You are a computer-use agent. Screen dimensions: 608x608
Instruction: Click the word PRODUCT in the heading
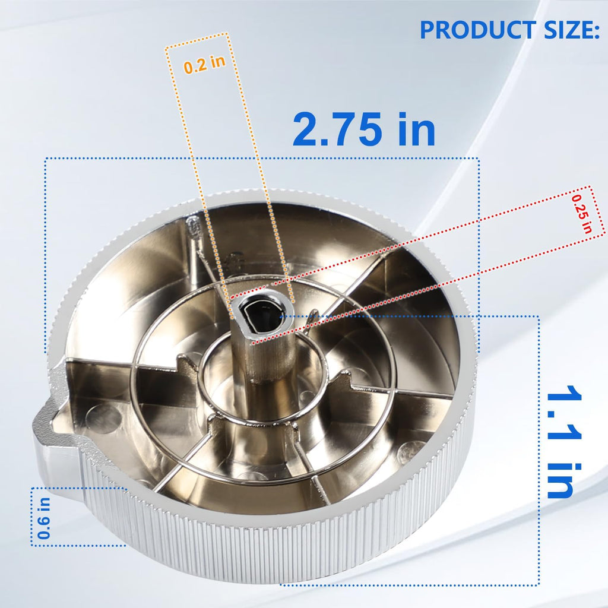(x=478, y=30)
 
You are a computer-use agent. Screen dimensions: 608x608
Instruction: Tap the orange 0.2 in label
(x=204, y=64)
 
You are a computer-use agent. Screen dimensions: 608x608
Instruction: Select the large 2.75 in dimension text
(x=364, y=129)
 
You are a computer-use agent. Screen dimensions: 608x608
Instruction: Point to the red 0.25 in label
(x=582, y=214)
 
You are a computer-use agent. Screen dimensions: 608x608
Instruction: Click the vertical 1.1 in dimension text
(x=564, y=442)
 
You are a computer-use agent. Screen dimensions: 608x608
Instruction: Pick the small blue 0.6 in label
(x=44, y=518)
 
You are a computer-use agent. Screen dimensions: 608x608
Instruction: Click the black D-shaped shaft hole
(x=261, y=312)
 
